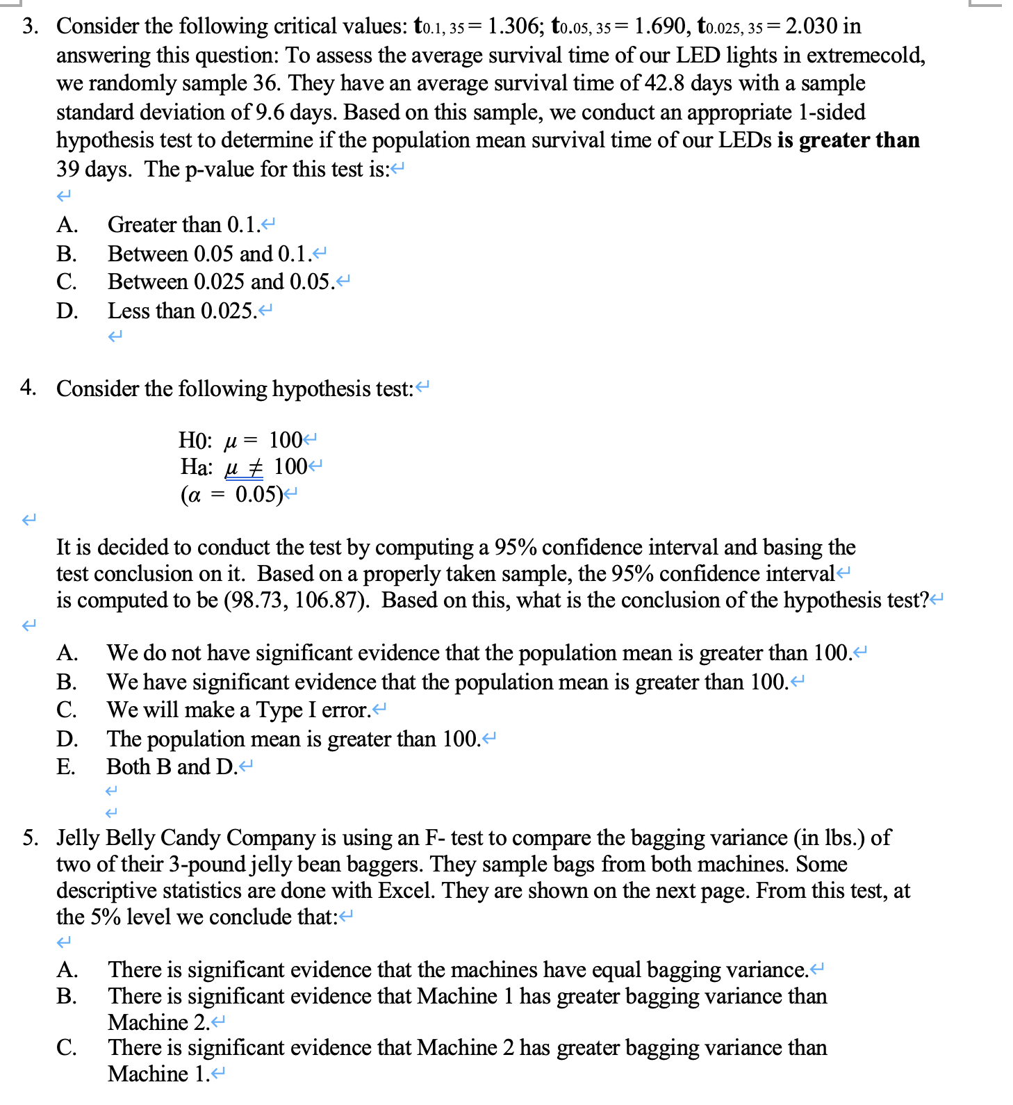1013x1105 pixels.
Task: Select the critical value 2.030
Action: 811,26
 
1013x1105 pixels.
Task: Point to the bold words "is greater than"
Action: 848,140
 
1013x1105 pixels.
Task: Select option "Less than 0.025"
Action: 182,311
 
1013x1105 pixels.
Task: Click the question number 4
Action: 28,388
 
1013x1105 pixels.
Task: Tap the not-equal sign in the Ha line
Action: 255,467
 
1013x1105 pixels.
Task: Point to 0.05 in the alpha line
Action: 258,495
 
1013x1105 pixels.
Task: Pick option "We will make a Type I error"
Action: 238,710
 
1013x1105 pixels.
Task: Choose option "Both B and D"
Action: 172,767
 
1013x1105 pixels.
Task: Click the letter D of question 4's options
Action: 67,739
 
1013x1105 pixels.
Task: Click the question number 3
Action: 29,26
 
